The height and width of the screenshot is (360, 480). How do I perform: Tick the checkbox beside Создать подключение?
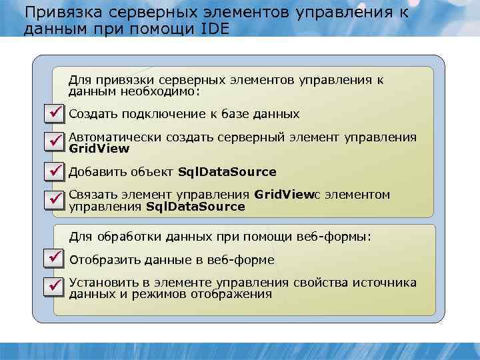click(x=53, y=114)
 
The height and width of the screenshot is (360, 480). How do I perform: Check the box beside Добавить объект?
click(x=53, y=171)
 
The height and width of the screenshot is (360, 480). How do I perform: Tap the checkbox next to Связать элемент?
click(x=53, y=199)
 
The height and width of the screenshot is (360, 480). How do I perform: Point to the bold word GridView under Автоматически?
click(x=99, y=149)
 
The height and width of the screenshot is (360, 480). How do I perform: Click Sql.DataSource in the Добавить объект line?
click(x=227, y=172)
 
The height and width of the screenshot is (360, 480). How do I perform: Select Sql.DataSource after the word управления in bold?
click(x=195, y=207)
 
